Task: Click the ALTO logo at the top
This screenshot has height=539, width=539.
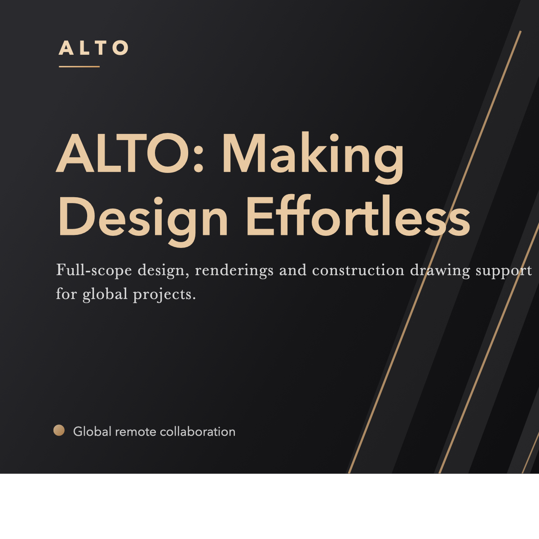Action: [x=93, y=48]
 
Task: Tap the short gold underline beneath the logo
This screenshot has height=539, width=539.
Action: [x=79, y=66]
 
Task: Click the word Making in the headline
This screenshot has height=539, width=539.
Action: [x=313, y=155]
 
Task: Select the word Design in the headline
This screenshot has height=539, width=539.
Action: [x=143, y=218]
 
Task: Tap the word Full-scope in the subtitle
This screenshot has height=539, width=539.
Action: [x=94, y=270]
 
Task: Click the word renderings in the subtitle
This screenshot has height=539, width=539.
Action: [x=234, y=270]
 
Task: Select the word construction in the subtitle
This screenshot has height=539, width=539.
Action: [x=358, y=270]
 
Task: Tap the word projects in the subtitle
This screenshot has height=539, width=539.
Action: [x=164, y=295]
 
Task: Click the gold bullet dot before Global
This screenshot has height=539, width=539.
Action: [x=59, y=430]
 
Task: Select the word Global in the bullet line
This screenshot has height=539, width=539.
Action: [x=92, y=432]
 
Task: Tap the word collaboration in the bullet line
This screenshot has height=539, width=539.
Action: [x=198, y=432]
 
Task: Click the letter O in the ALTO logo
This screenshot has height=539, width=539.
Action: [x=120, y=48]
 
